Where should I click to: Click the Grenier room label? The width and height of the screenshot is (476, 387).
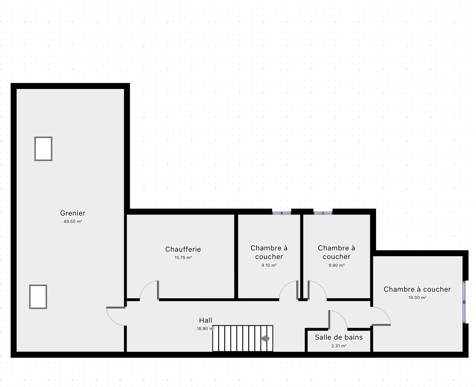[x=73, y=213]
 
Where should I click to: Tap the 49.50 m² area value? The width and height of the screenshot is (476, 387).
[x=73, y=221]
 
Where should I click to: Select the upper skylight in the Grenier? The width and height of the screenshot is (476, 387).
[x=43, y=149]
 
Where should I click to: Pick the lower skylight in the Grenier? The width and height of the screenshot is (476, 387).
[x=38, y=297]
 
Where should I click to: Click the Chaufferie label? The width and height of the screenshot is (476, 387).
[x=183, y=249]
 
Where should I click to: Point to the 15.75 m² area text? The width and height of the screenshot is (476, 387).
[x=183, y=258]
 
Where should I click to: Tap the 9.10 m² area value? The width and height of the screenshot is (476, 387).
[x=269, y=265]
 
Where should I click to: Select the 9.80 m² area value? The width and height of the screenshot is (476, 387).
[x=336, y=265]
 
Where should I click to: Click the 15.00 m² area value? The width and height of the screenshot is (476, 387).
[x=417, y=298]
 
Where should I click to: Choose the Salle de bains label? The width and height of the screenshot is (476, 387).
[x=339, y=337]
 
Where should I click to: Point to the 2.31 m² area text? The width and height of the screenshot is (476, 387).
[x=339, y=346]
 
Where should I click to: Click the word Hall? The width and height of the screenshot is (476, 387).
[x=205, y=320]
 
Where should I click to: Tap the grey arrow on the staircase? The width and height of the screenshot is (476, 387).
[x=265, y=338]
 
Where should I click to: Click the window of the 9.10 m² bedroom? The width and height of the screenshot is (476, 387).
[x=281, y=213]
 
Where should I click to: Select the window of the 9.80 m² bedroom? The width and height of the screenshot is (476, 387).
[x=323, y=213]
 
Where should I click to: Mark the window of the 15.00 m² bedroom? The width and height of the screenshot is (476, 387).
[x=464, y=302]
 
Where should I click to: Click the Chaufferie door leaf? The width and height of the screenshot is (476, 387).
[x=158, y=290]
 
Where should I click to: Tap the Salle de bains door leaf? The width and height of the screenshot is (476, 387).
[x=329, y=320]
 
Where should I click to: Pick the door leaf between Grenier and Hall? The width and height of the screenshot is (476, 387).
[x=116, y=308]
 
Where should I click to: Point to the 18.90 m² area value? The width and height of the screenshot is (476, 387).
[x=206, y=328]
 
